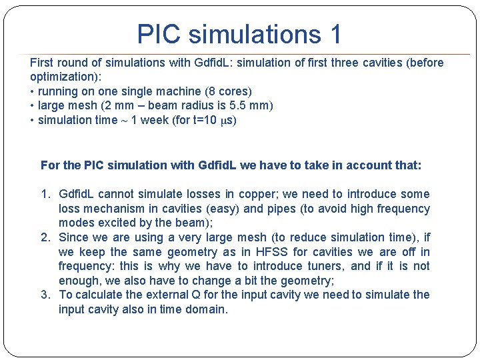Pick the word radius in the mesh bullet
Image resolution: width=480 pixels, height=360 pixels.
pyautogui.click(x=204, y=105)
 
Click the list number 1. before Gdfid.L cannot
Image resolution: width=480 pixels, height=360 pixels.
pyautogui.click(x=45, y=194)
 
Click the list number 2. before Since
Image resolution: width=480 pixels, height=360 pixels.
pyautogui.click(x=45, y=237)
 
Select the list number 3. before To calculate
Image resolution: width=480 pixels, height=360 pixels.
pyautogui.click(x=45, y=295)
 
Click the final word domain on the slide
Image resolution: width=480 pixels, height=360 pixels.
pyautogui.click(x=209, y=309)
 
